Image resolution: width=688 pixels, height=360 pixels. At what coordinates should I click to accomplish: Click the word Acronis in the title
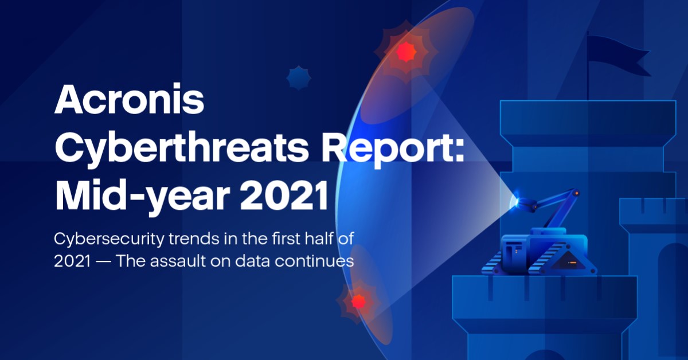click(130, 100)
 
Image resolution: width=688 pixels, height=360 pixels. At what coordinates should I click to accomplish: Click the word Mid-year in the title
click(142, 197)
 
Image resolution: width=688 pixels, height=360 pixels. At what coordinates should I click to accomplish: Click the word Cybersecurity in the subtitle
click(109, 240)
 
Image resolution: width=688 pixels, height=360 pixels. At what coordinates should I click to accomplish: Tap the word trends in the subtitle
click(194, 239)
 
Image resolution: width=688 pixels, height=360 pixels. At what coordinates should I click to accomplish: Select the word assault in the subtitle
click(178, 261)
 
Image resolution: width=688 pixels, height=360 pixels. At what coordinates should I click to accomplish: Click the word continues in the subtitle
click(314, 261)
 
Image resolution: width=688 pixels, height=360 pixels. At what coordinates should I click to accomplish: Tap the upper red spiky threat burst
click(406, 52)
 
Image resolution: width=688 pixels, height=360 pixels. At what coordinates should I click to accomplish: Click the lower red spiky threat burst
click(358, 302)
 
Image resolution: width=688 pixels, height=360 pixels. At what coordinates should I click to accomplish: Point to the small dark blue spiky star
click(299, 78)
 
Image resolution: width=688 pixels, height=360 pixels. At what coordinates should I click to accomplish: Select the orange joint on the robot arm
click(577, 193)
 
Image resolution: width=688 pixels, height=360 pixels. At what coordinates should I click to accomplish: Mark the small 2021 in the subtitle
click(72, 261)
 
